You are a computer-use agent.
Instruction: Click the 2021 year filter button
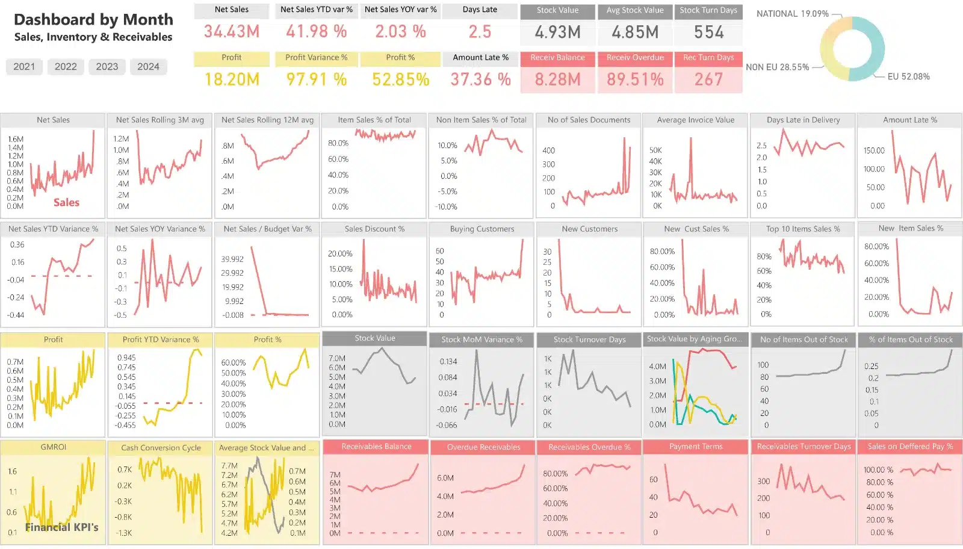click(24, 67)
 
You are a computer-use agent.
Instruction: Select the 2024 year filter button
click(148, 67)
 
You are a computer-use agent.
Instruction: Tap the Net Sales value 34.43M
click(232, 31)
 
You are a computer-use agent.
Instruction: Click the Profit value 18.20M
click(232, 79)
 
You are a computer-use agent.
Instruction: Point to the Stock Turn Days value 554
click(708, 32)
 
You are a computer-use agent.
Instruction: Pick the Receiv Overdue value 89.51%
click(635, 79)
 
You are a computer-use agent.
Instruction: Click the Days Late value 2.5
click(480, 31)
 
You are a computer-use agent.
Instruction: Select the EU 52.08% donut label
click(908, 76)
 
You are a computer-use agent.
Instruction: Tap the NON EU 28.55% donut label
click(777, 67)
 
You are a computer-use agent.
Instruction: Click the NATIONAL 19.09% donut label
click(792, 14)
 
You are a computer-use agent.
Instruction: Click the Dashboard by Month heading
click(93, 20)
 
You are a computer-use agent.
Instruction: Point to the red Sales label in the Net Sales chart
click(66, 202)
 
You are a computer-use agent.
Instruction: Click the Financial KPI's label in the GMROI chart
click(61, 527)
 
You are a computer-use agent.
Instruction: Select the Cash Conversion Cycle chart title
click(161, 448)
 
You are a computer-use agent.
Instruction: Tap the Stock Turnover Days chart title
click(589, 340)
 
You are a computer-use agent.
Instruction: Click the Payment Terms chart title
click(696, 447)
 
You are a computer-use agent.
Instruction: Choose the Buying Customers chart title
click(482, 229)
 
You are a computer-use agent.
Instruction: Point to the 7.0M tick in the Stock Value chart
click(337, 358)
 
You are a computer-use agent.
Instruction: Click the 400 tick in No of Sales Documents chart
click(548, 150)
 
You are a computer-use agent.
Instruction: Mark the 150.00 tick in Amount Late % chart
click(874, 150)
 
